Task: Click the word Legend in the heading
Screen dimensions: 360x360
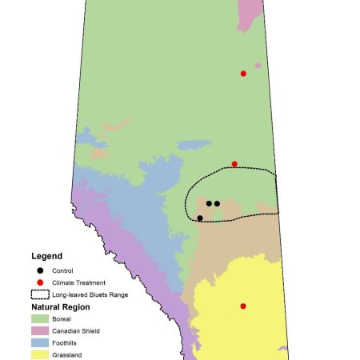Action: (46, 256)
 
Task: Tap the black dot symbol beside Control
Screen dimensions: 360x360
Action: (39, 271)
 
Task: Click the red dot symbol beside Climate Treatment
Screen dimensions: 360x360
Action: (39, 282)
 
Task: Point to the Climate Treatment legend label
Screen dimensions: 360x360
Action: (78, 282)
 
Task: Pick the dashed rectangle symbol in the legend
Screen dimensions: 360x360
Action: (40, 294)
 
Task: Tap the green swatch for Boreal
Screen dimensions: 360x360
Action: (40, 318)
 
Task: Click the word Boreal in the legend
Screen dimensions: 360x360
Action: (63, 318)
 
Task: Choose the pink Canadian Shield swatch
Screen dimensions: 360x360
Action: (40, 330)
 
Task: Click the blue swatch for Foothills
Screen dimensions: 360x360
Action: (40, 342)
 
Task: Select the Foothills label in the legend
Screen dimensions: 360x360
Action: (66, 342)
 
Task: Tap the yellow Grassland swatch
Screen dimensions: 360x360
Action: (40, 354)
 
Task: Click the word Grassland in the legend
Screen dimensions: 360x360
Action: (67, 354)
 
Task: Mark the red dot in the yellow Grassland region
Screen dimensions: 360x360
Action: (243, 306)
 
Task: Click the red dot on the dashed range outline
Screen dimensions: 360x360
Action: (234, 164)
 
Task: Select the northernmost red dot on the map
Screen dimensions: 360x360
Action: (243, 74)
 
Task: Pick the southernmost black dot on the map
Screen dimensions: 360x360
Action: (200, 218)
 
